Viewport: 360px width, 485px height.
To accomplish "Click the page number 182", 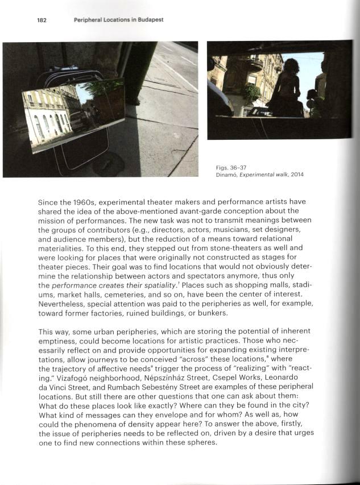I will point(41,20).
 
